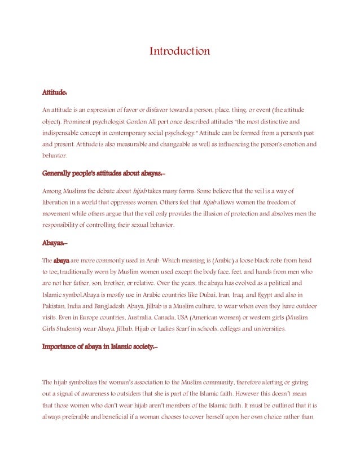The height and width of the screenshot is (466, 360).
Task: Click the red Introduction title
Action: (179, 51)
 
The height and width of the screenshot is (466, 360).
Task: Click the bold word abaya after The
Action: (61, 261)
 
